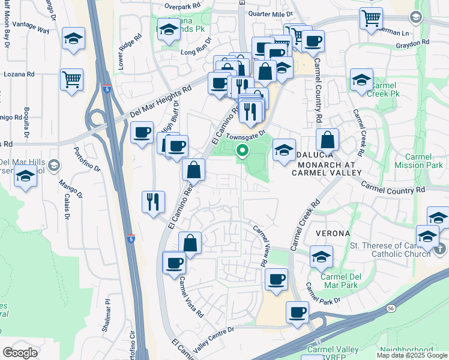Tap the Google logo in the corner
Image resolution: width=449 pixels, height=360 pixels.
[x=20, y=352]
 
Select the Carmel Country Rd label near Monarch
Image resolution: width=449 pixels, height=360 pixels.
[x=393, y=188]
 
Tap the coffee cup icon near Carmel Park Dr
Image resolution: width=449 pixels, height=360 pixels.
[x=297, y=313]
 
